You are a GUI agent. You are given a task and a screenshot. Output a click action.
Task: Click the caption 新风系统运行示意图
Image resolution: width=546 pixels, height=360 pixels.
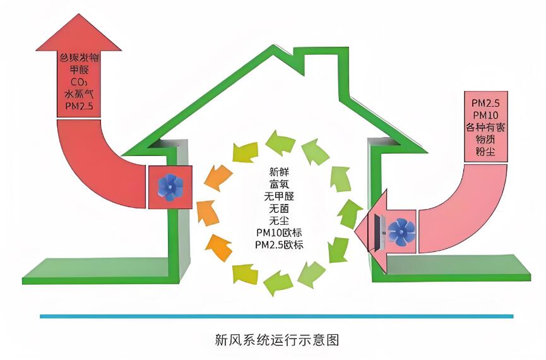click(277, 340)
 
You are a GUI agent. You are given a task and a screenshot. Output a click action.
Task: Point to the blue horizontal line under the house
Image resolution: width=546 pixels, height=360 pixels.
click(276, 316)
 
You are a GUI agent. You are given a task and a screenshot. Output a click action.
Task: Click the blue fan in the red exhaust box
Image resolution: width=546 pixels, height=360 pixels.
click(170, 188)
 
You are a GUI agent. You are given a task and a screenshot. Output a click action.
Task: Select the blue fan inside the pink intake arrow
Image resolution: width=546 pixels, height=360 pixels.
click(400, 231)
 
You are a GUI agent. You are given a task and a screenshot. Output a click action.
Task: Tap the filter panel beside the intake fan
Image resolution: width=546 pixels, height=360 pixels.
click(380, 231)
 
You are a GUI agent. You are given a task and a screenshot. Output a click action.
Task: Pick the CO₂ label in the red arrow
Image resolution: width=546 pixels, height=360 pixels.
click(78, 81)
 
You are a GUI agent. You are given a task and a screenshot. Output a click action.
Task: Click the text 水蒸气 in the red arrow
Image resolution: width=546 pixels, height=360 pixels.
click(79, 93)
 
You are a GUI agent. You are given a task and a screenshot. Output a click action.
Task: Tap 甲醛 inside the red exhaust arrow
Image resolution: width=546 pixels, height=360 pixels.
click(79, 69)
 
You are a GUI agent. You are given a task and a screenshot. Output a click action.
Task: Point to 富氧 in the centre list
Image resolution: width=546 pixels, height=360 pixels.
click(278, 184)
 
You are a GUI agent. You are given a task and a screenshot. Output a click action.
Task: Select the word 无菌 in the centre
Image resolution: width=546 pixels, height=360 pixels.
click(278, 208)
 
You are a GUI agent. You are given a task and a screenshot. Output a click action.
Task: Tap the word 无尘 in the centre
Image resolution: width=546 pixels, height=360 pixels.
click(278, 220)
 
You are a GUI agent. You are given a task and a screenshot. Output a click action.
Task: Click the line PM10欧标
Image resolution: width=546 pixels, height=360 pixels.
click(278, 232)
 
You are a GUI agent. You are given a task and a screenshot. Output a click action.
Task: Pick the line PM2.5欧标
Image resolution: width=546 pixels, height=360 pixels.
click(278, 244)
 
